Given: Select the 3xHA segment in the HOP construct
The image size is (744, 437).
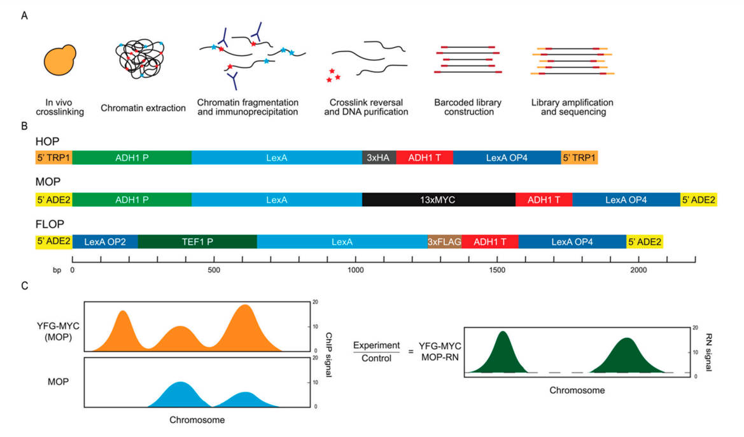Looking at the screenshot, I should pos(379,158).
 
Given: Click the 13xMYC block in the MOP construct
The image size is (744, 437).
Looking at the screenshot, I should pos(439,200).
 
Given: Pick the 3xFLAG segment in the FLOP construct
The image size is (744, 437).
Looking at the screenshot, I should pos(444,242).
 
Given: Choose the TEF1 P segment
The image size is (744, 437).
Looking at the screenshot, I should pos(197,242).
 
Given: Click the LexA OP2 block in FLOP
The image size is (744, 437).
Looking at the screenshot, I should pos(105,242).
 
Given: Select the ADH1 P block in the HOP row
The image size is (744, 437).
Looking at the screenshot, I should pos(132,158).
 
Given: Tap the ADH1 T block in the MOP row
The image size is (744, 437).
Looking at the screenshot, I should pos(544,200).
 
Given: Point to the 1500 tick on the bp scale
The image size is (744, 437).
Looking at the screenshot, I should pos(498,260).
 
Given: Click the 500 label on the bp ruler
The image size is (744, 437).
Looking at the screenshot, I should pos(214,270).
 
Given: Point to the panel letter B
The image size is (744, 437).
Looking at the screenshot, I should pos(24,126).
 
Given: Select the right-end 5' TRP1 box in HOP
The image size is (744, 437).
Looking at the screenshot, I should pos(579,158).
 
